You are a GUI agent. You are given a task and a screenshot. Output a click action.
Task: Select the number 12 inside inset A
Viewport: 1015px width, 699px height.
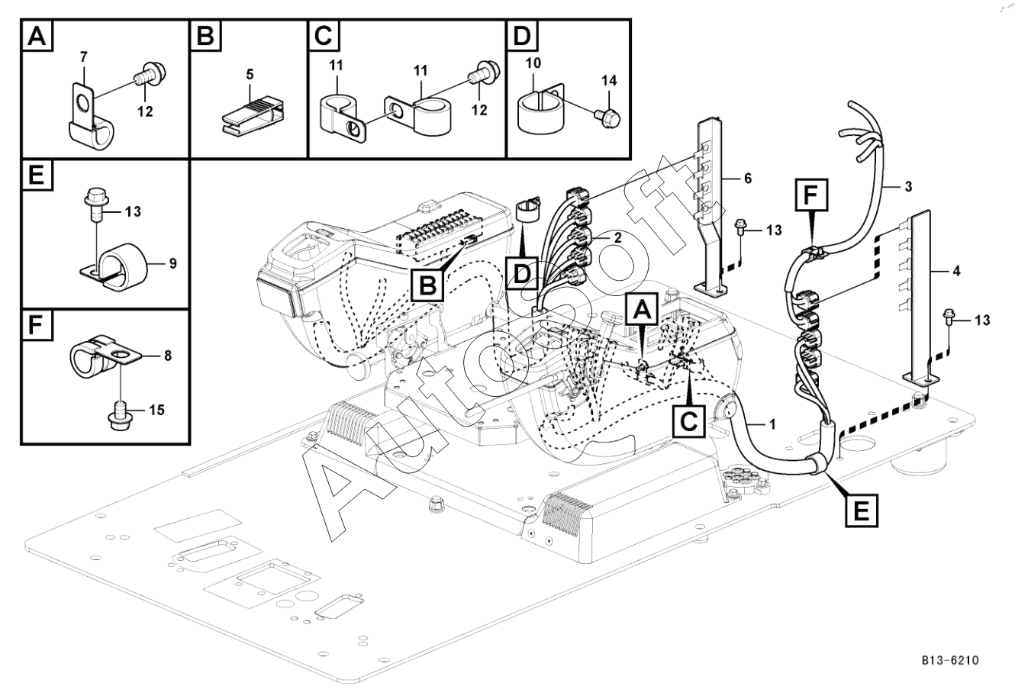(x=144, y=111)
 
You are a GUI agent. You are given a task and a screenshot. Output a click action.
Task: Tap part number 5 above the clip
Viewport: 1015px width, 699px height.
(x=250, y=75)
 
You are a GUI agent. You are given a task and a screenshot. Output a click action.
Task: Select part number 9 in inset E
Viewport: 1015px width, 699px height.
(x=172, y=265)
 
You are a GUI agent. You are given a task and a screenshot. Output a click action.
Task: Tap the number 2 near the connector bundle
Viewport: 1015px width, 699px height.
(x=617, y=237)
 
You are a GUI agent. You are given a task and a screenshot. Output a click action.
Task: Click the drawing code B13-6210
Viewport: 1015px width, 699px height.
(x=949, y=659)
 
